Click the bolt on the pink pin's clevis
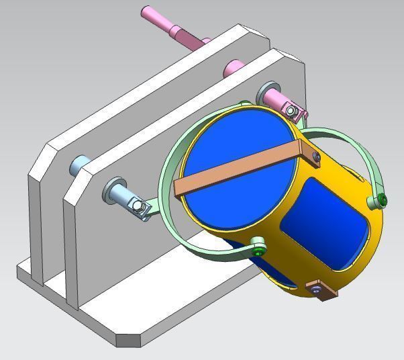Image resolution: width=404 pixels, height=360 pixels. tap(291, 109)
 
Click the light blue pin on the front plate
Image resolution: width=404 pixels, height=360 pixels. tap(121, 195)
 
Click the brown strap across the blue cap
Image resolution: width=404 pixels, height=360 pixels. tap(235, 167)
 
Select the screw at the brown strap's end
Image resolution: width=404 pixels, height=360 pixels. tap(315, 156)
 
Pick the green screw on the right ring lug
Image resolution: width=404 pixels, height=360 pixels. tap(382, 199)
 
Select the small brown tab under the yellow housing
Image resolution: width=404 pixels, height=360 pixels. tap(321, 289)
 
